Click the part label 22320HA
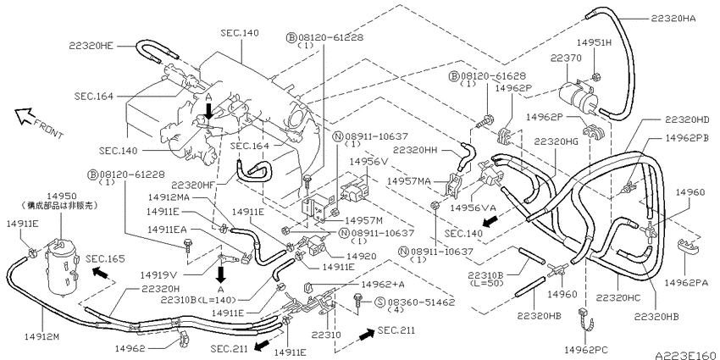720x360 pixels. point(673,19)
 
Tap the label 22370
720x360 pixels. point(566,58)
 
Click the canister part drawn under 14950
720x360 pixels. point(62,269)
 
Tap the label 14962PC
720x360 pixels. point(586,351)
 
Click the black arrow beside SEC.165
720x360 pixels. point(101,274)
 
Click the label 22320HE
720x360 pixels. point(91,46)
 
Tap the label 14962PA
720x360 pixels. point(695,281)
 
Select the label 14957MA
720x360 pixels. point(408,181)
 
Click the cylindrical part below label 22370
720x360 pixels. point(577,97)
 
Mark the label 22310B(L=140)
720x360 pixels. point(199,300)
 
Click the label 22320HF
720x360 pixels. point(193,185)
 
